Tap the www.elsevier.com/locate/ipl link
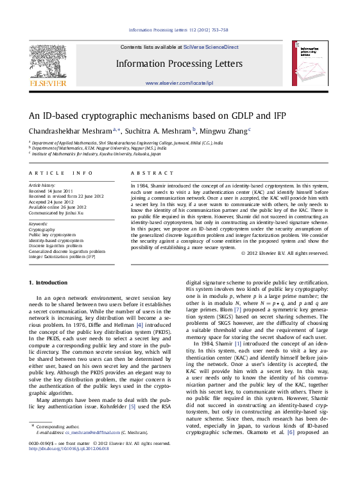coord(180,84)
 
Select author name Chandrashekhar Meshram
coord(60,130)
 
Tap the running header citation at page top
coord(179,30)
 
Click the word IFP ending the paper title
coord(260,116)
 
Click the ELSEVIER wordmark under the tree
coord(49,83)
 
